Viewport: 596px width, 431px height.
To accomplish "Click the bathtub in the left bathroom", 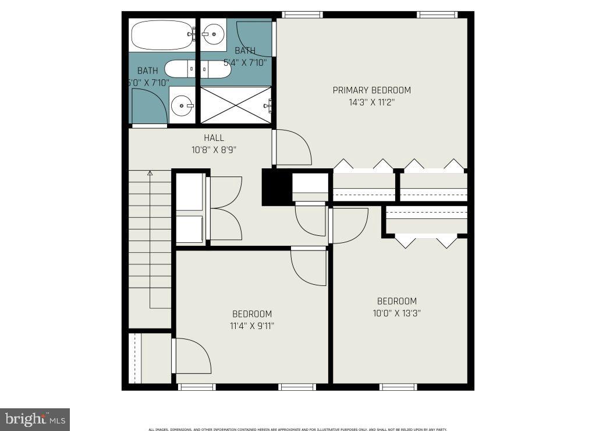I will point(162,35).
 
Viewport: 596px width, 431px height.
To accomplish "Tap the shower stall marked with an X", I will point(236,105).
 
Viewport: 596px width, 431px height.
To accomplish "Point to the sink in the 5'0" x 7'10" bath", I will point(182,106).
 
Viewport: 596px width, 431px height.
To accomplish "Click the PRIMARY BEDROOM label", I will point(371,90).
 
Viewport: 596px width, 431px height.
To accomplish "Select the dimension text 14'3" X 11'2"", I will point(371,103).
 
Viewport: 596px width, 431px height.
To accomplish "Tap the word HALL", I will point(214,138).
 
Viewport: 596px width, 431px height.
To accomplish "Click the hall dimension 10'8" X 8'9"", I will point(214,150).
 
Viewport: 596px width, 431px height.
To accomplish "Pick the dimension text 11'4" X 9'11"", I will point(251,326).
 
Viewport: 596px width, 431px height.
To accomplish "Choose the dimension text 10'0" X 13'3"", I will point(397,313).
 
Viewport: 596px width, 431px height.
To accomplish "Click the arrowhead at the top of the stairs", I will point(150,173).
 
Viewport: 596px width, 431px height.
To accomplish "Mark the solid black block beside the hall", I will point(276,187).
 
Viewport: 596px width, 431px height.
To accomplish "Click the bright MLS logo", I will point(34,419).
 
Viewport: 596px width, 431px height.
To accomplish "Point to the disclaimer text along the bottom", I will point(297,429).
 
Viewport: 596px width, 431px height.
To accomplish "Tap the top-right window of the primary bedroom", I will point(436,15).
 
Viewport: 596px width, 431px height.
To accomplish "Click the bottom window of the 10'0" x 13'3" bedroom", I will point(398,387).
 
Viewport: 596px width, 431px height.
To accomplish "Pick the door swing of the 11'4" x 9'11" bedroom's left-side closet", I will point(191,356).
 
